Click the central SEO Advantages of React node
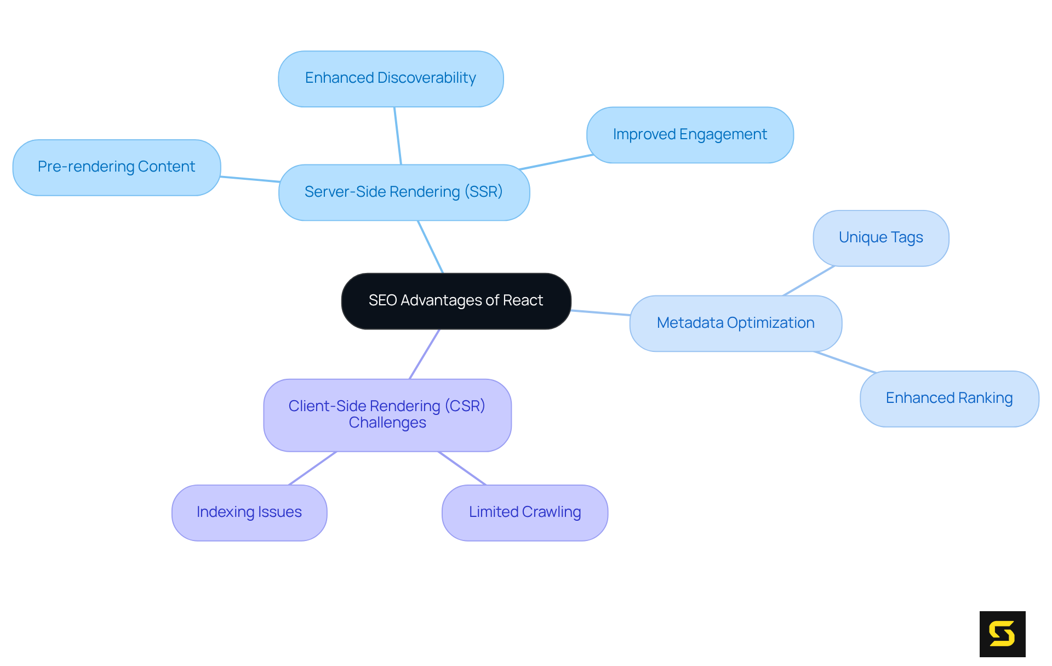[456, 301]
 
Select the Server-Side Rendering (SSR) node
[404, 192]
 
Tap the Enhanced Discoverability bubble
[391, 78]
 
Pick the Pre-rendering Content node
[116, 167]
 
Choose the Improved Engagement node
[690, 135]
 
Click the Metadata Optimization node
[735, 323]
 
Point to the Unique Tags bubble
[881, 238]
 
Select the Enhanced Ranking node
[949, 399]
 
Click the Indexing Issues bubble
[249, 513]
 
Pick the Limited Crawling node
[525, 513]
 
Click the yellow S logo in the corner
[1002, 634]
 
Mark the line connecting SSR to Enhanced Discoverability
[398, 136]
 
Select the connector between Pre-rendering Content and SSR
[250, 179]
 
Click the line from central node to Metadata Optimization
[601, 313]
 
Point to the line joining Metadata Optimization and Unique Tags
[809, 281]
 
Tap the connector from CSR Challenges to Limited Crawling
[462, 468]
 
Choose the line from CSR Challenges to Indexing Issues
[312, 468]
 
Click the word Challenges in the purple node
[387, 423]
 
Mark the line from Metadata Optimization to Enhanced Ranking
[845, 362]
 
